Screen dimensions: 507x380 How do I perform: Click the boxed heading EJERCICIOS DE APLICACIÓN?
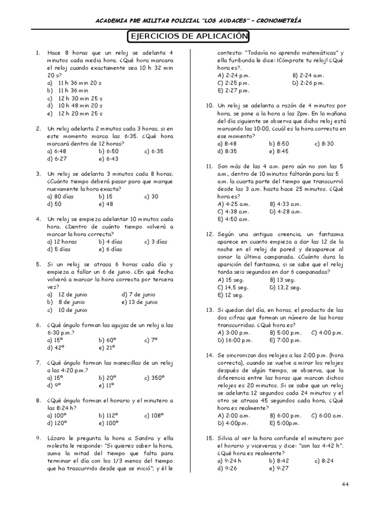pyautogui.click(x=189, y=37)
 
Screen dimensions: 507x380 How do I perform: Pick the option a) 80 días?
pyautogui.click(x=61, y=197)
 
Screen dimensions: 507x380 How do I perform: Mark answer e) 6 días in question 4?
pyautogui.click(x=110, y=249)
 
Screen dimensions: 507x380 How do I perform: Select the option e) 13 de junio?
pyautogui.click(x=140, y=302)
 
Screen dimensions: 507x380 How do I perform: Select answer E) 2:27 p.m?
pyautogui.click(x=234, y=91)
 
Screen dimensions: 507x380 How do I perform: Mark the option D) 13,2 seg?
pyautogui.click(x=285, y=287)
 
